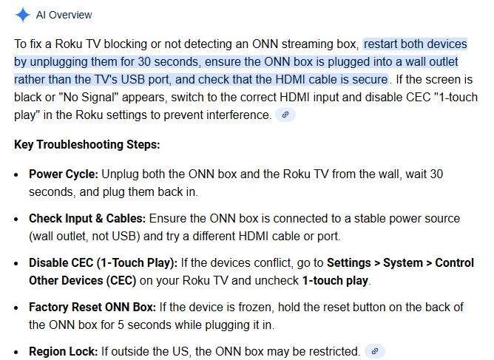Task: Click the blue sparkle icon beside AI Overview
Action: point(22,15)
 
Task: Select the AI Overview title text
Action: point(64,15)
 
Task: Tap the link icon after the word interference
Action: point(285,115)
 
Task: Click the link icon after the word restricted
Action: point(375,351)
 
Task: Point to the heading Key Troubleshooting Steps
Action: point(87,145)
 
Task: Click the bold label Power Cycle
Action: point(64,174)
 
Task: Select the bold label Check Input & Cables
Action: point(87,218)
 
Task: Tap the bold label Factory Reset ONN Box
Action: point(92,307)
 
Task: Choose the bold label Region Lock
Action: point(64,351)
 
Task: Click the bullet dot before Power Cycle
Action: point(16,175)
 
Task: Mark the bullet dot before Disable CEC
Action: point(16,264)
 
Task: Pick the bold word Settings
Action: point(349,263)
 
